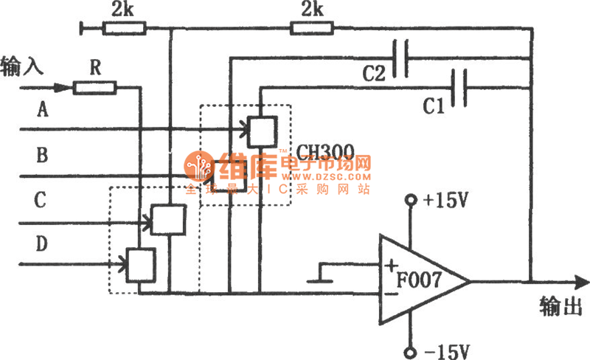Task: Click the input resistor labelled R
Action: click(94, 89)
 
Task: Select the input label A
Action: click(42, 111)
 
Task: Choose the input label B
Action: click(42, 156)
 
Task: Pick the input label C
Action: click(42, 200)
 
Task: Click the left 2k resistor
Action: click(124, 29)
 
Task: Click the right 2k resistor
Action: click(313, 29)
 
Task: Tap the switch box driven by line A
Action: click(261, 131)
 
